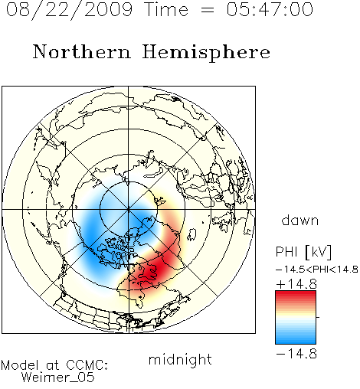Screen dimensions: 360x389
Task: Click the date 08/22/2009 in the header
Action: (x=69, y=10)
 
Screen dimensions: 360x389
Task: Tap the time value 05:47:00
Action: (x=270, y=9)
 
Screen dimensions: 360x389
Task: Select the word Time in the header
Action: (x=166, y=9)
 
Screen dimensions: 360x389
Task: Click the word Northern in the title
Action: (x=82, y=51)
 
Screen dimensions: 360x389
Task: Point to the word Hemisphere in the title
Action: (x=206, y=53)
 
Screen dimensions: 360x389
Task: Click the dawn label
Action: (x=300, y=220)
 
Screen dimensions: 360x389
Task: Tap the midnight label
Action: (x=180, y=360)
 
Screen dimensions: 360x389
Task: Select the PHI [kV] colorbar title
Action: (x=303, y=252)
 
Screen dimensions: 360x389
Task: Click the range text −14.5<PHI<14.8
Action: (x=317, y=270)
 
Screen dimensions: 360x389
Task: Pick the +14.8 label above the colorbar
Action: (x=296, y=284)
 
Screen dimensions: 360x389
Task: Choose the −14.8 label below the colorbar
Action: (x=296, y=354)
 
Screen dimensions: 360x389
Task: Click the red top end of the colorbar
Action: (x=296, y=293)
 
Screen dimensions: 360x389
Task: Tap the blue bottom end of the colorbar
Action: (x=296, y=342)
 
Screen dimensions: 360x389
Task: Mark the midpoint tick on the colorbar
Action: (x=318, y=317)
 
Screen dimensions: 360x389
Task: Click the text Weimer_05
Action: (x=57, y=378)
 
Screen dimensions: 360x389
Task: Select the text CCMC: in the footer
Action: (x=87, y=365)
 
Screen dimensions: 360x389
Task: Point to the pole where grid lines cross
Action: (x=129, y=210)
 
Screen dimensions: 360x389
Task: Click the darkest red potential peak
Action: (x=152, y=270)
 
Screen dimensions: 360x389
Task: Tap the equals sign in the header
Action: (x=208, y=10)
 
